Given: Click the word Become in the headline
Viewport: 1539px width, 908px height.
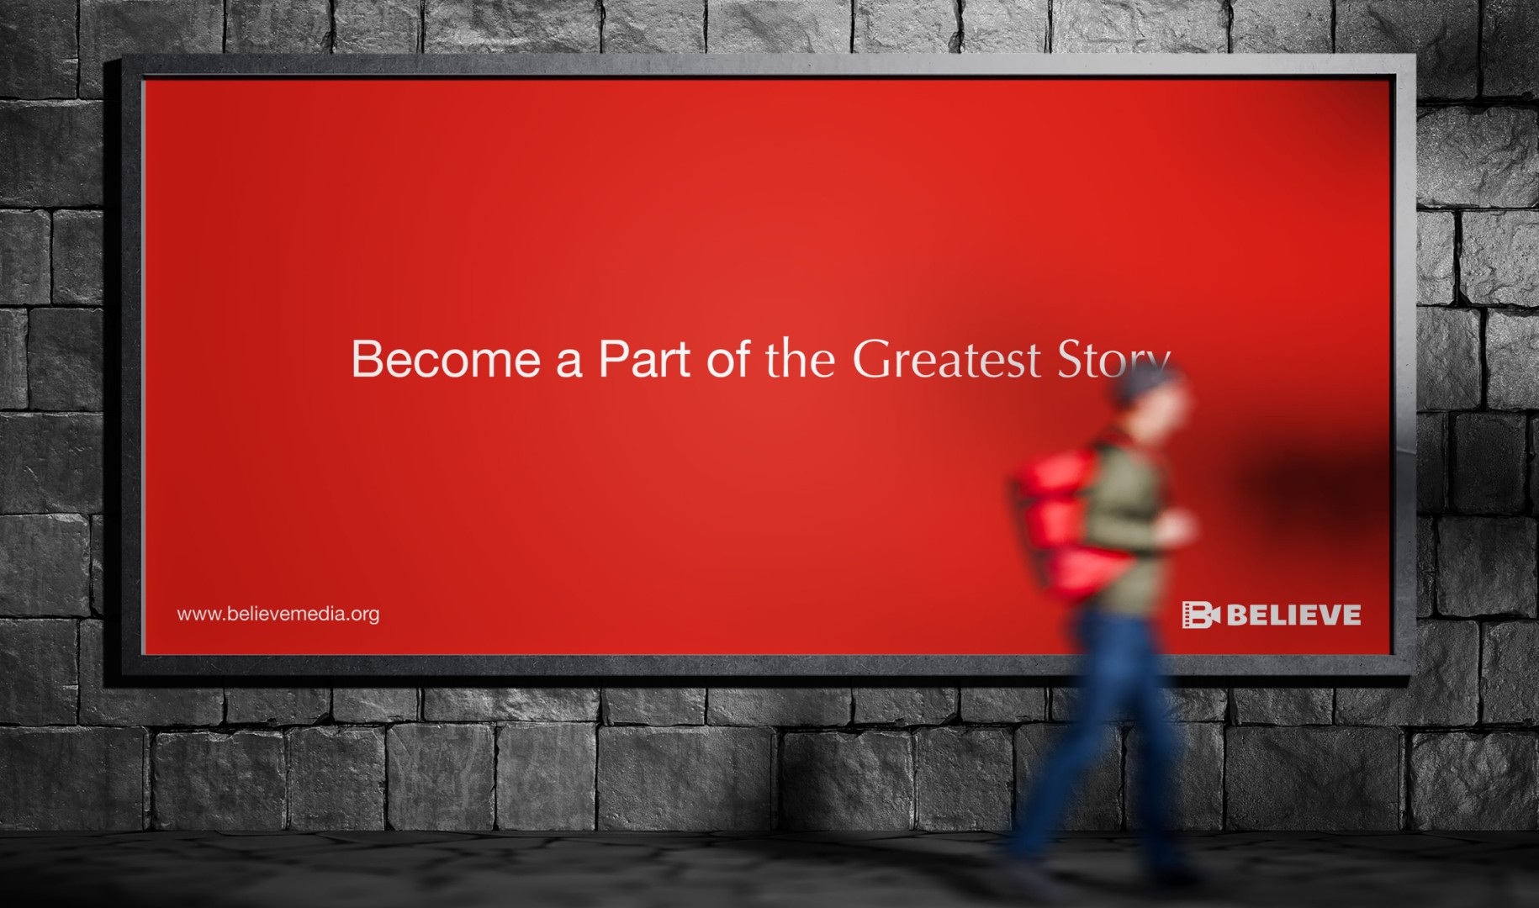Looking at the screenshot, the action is coord(446,359).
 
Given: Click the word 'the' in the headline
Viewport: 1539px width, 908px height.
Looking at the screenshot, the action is coord(801,359).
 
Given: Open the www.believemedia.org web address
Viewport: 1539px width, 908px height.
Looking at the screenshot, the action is coord(278,614).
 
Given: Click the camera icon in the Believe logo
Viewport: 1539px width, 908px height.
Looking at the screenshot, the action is coord(1200,615).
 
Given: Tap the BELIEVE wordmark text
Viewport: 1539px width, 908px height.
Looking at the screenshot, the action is coord(1293,615).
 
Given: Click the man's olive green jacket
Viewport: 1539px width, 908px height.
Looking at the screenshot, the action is coord(1127,521).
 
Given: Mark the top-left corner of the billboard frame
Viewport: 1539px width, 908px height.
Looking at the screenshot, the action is coord(122,56).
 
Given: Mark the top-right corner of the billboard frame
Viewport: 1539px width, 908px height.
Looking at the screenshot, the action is coord(1415,56).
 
